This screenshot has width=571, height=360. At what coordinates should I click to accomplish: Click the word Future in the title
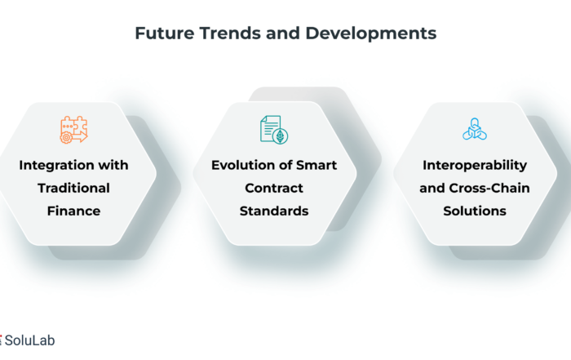165,33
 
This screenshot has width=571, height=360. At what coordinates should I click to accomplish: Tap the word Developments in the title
370,34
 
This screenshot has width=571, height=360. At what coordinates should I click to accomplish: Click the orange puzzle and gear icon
74,130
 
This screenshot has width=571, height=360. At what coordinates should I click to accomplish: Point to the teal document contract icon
274,130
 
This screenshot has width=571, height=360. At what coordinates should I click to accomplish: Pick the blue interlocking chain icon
475,129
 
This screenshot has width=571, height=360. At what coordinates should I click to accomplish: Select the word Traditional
73,188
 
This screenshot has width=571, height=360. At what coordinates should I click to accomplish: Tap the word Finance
73,211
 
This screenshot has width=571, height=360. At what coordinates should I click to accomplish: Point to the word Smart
316,165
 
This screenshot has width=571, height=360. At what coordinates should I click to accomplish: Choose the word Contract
274,188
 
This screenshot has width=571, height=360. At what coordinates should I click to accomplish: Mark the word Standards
274,211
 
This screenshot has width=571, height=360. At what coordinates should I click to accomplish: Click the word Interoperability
475,166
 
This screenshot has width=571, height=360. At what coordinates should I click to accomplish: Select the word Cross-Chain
489,188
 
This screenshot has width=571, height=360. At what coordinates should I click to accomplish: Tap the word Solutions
475,211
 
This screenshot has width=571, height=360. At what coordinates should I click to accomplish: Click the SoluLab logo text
29,340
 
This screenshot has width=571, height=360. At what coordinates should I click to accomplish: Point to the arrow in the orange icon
80,137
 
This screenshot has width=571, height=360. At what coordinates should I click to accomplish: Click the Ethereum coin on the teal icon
281,136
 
